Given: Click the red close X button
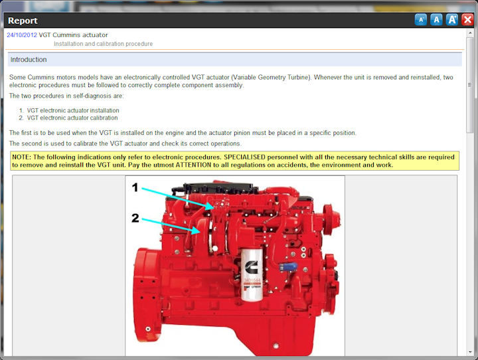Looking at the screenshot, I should pos(467,19).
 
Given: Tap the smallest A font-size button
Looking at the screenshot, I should pos(421,20).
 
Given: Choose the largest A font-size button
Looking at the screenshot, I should pos(452,20).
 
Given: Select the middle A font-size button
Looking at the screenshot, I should pos(436,20).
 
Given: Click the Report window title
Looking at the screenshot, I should pos(23,21).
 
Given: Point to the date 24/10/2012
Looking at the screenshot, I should pos(22,35).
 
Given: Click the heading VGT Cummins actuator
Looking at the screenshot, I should pos(73,35).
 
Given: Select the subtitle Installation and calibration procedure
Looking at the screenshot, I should pos(103,45).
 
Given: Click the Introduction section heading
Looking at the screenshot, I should pos(29,60).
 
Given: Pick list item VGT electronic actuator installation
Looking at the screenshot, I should pos(73,111).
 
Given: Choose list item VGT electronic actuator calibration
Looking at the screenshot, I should pos(72,118).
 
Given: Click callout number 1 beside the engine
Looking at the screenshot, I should pos(135,188).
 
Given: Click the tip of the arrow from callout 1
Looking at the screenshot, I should pos(212,207).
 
